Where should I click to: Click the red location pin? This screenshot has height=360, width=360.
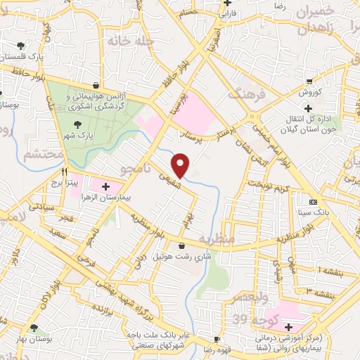(181, 165)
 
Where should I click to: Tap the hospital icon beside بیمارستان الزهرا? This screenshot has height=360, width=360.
(105, 187)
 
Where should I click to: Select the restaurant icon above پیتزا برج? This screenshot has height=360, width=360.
(64, 171)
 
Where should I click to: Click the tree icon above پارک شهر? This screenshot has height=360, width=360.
(77, 124)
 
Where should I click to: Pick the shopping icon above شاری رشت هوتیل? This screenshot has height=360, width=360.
(183, 246)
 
